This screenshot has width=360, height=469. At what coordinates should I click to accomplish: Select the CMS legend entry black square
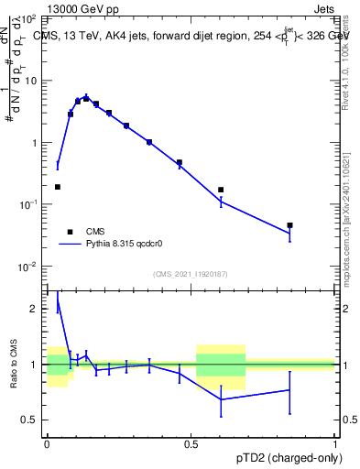coord(70,232)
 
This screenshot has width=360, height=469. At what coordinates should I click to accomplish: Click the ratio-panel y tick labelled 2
coord(34,310)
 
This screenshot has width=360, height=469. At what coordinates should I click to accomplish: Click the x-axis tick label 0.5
coord(191,442)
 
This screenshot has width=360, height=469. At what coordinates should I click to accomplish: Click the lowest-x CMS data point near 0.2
coord(58,187)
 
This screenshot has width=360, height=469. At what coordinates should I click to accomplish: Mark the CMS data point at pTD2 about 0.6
coord(221,190)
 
